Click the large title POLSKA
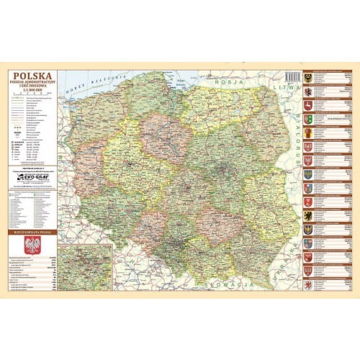click(x=32, y=75)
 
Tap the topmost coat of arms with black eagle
click(x=307, y=76)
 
